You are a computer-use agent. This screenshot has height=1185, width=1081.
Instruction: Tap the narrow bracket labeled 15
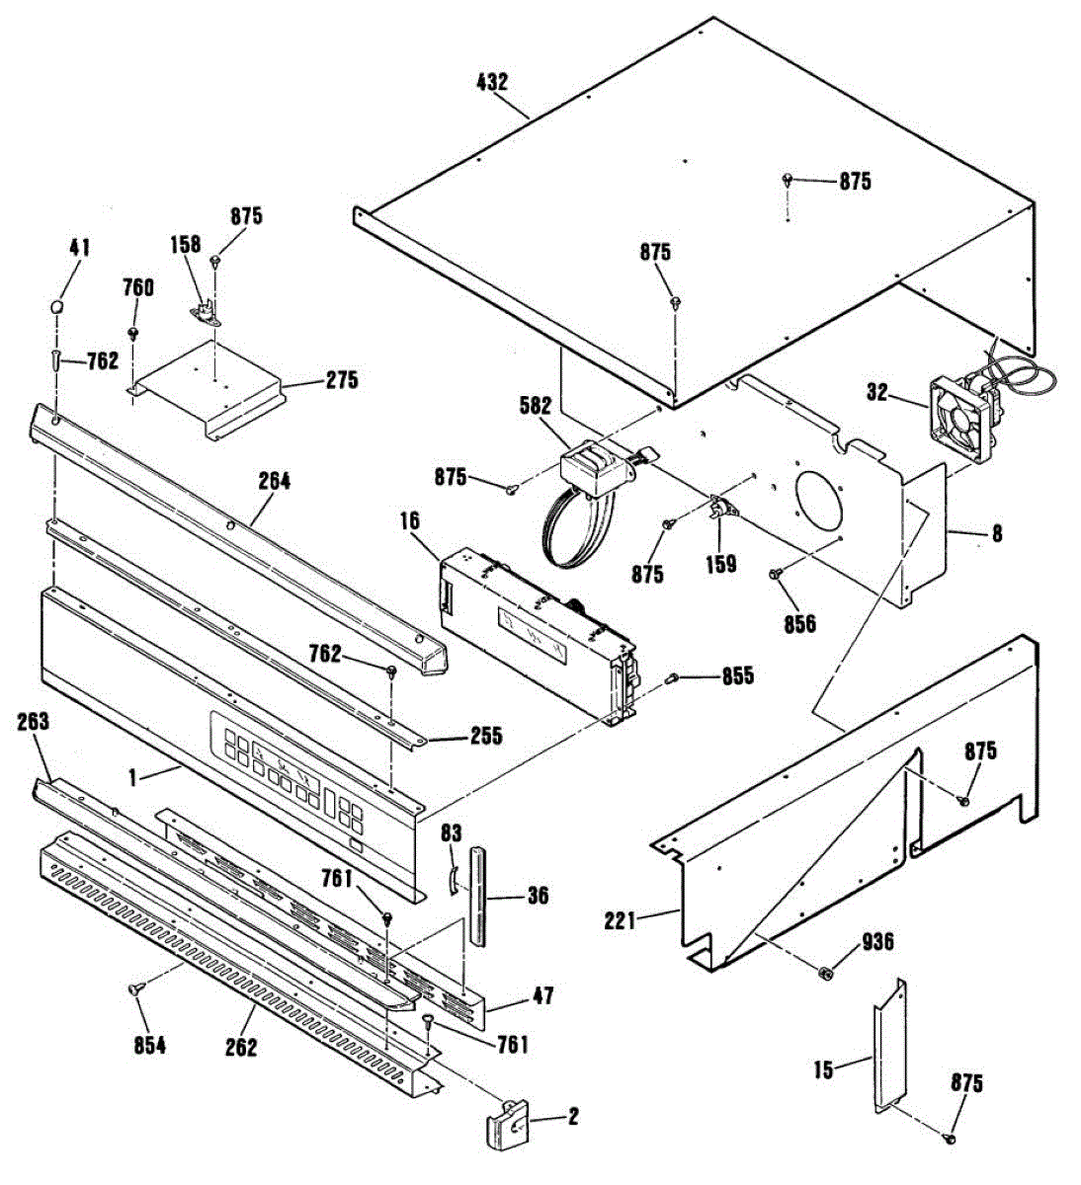point(889,1047)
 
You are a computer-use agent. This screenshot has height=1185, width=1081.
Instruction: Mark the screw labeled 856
point(776,573)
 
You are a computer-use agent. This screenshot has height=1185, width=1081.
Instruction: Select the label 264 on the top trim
point(274,481)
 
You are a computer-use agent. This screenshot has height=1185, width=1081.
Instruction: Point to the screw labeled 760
point(131,332)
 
